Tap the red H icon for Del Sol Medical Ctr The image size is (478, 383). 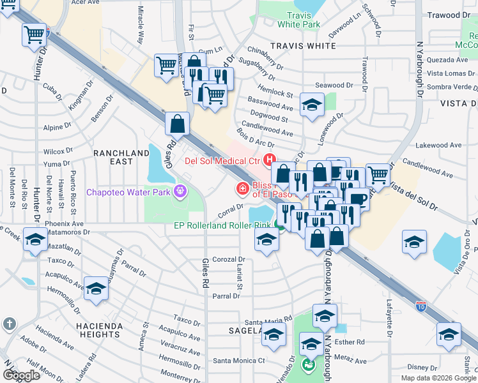click(x=270, y=160)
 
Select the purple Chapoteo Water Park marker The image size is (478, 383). click(x=181, y=190)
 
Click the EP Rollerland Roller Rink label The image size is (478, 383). click(x=222, y=225)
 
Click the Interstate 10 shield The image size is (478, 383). click(x=420, y=306)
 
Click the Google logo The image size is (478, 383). click(x=21, y=375)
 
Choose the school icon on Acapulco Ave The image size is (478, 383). click(x=96, y=289)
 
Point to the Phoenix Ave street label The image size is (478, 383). click(x=64, y=224)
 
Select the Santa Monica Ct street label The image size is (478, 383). click(x=239, y=361)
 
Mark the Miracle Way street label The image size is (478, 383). click(x=140, y=26)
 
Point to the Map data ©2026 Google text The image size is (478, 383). click(x=438, y=378)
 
